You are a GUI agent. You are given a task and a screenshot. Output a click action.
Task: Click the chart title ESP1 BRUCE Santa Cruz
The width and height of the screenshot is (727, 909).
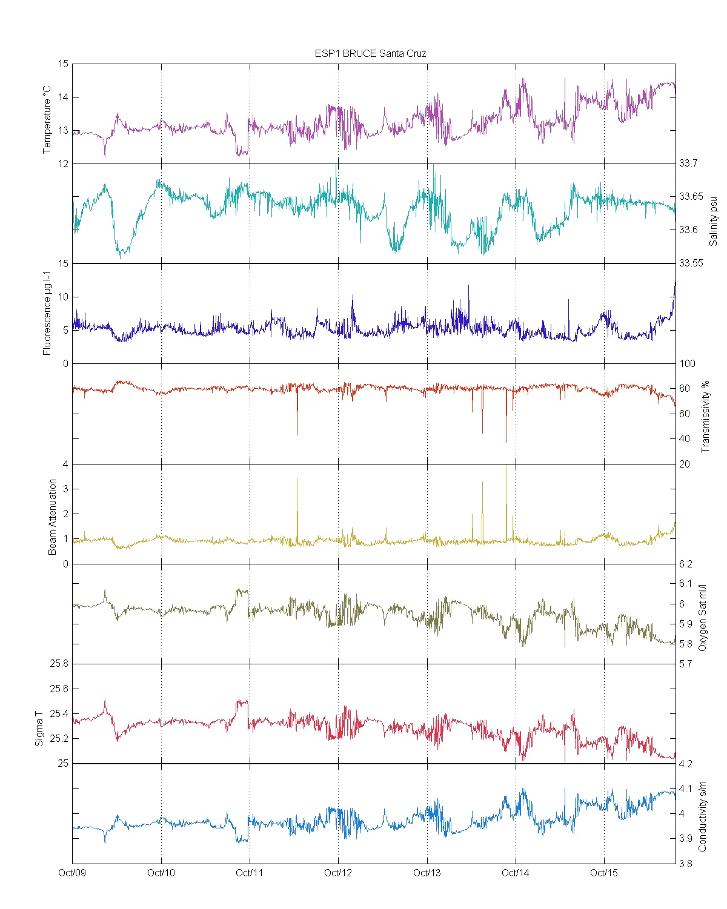click(x=370, y=53)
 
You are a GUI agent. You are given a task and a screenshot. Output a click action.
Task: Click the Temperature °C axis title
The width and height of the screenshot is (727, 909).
click(x=47, y=120)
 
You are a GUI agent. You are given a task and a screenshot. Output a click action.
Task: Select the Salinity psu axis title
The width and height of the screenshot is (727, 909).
click(x=713, y=220)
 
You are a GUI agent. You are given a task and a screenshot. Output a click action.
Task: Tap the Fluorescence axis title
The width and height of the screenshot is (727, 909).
click(x=47, y=313)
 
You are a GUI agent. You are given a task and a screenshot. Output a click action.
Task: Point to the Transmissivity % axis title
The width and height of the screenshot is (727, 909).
click(x=705, y=417)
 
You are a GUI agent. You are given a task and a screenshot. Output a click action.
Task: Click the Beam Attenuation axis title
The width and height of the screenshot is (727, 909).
click(x=53, y=517)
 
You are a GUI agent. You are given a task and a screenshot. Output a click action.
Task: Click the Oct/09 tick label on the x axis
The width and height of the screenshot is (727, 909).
click(x=72, y=873)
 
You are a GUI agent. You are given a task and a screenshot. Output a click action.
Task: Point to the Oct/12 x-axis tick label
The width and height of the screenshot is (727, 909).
click(x=338, y=873)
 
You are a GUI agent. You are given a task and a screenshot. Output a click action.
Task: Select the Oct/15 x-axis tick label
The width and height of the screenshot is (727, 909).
click(x=604, y=873)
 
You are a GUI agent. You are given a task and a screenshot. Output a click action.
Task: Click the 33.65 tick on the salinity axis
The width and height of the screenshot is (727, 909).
click(x=691, y=196)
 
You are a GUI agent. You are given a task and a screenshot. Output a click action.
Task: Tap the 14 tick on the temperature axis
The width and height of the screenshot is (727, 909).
click(x=64, y=97)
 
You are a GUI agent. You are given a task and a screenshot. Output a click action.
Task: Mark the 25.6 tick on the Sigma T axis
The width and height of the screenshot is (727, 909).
click(x=59, y=689)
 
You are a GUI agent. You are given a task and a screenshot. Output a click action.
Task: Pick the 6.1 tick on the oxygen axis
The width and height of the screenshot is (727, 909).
click(x=686, y=583)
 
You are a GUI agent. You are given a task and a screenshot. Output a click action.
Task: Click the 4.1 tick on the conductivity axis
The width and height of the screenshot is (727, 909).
click(x=686, y=788)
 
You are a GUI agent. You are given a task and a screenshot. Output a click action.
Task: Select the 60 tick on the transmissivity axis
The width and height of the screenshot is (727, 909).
click(x=687, y=414)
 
